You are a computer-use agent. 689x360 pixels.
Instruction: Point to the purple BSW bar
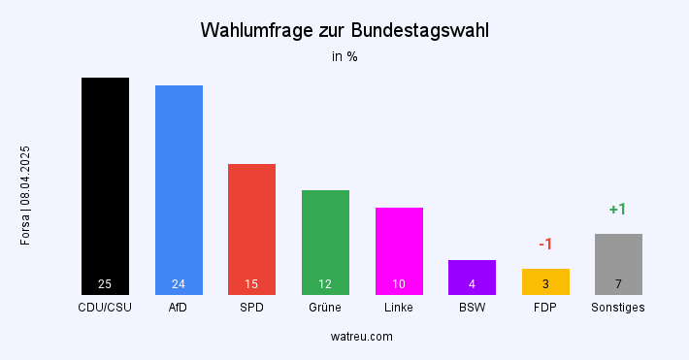[472, 277]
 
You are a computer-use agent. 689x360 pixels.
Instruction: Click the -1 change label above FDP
[545, 245]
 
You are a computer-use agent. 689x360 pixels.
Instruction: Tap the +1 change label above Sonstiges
[618, 209]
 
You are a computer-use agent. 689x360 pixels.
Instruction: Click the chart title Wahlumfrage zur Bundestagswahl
[344, 30]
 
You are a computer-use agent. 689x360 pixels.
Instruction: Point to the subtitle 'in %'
[344, 56]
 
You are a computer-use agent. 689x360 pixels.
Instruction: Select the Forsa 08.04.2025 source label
[26, 195]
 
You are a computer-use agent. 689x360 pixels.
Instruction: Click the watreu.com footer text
[361, 337]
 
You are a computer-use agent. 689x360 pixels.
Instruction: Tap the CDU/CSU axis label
[105, 308]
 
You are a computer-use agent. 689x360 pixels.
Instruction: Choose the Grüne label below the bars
[325, 308]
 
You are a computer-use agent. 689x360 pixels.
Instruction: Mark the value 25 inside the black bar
[105, 284]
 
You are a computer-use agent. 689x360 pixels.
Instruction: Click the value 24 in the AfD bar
[179, 284]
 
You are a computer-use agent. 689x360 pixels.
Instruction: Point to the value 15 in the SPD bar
[251, 284]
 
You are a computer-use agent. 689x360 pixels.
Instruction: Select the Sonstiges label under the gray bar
[618, 308]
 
